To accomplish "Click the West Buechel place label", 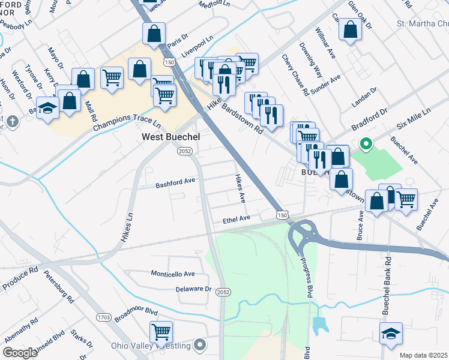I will [x=170, y=137].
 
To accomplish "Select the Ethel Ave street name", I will [x=236, y=220].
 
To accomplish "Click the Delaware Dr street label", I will [x=194, y=289].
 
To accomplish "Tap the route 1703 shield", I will [x=103, y=316].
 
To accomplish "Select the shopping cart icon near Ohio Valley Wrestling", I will [x=161, y=332].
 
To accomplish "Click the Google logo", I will [x=20, y=353].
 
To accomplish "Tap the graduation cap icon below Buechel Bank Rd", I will [x=391, y=333].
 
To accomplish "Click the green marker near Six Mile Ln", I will [x=364, y=144].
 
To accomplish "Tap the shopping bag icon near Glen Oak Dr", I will [x=350, y=29].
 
